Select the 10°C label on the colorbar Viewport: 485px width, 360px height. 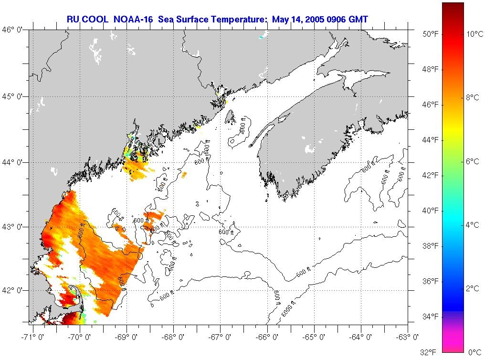475,34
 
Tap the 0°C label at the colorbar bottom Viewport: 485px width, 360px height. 475,352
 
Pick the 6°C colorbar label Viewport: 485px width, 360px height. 473,161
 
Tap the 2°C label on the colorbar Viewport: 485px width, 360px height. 473,288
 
